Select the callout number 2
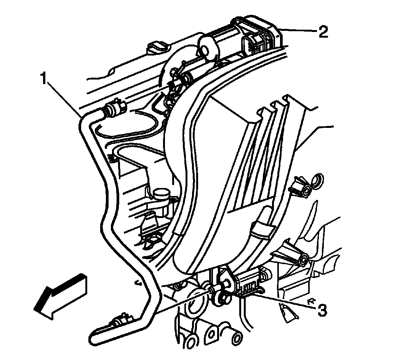[323, 32]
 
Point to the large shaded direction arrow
[61, 293]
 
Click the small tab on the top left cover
[157, 47]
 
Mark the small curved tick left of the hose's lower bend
[137, 282]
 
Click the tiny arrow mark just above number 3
[313, 301]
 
